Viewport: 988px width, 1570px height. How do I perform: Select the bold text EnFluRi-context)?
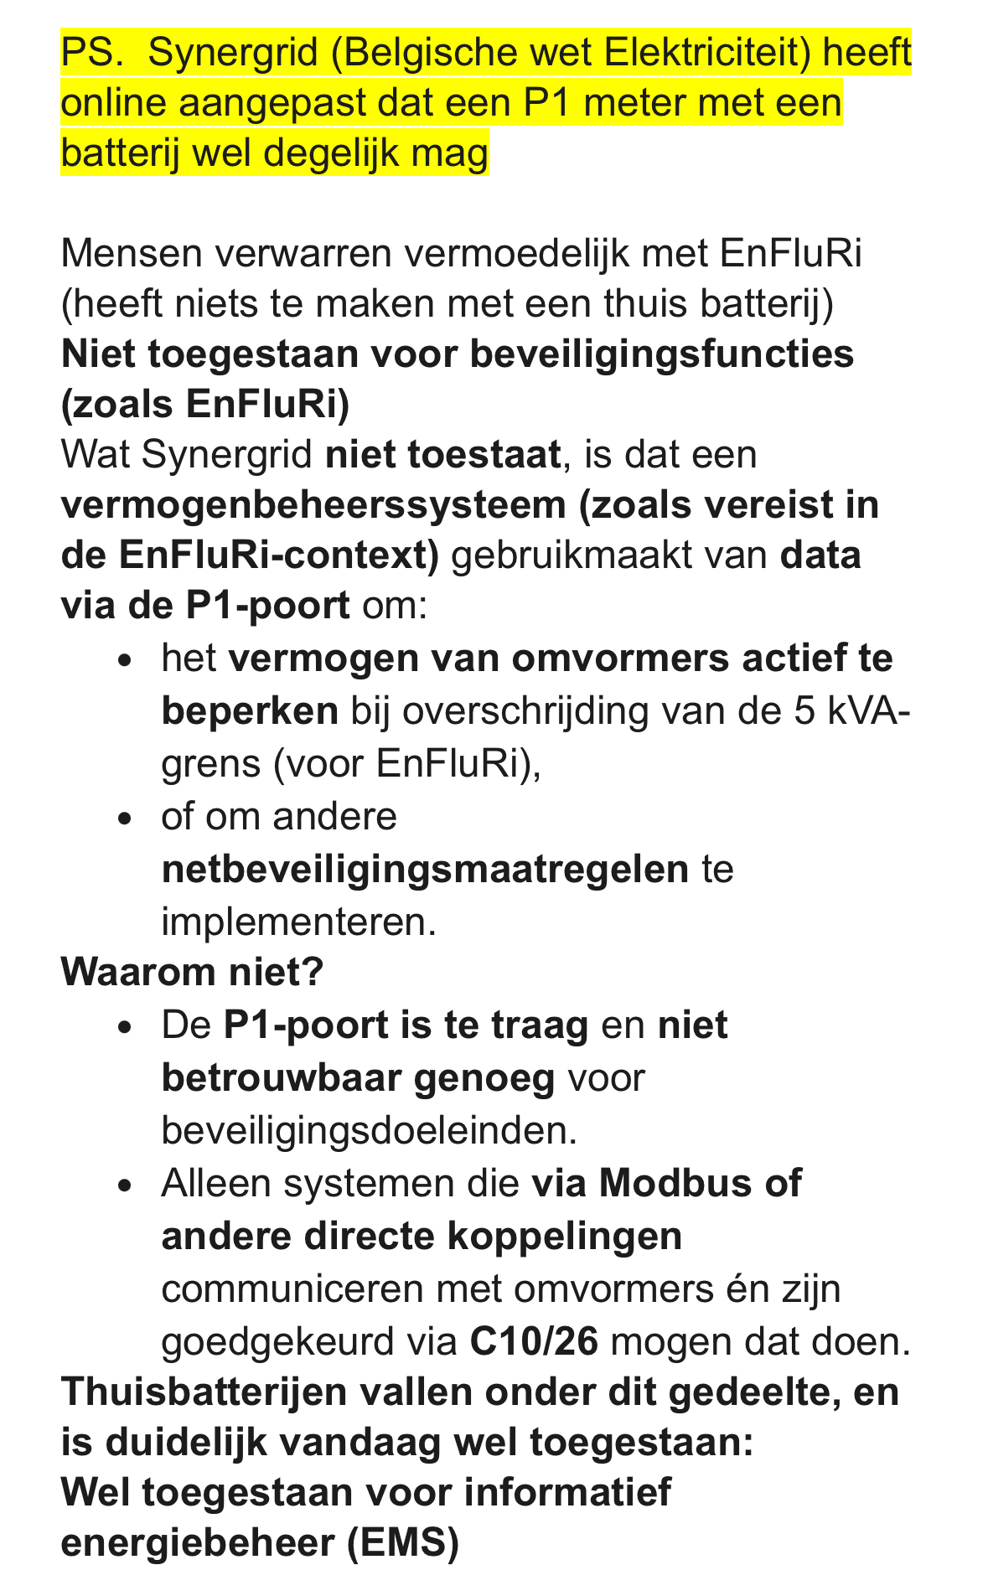pyautogui.click(x=279, y=555)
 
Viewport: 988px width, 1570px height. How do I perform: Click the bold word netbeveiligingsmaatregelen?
pyautogui.click(x=425, y=870)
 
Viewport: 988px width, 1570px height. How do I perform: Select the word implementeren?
pyautogui.click(x=298, y=922)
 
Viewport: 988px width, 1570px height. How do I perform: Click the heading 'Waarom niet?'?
pyautogui.click(x=192, y=972)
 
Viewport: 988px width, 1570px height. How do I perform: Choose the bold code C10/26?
pyautogui.click(x=534, y=1341)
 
